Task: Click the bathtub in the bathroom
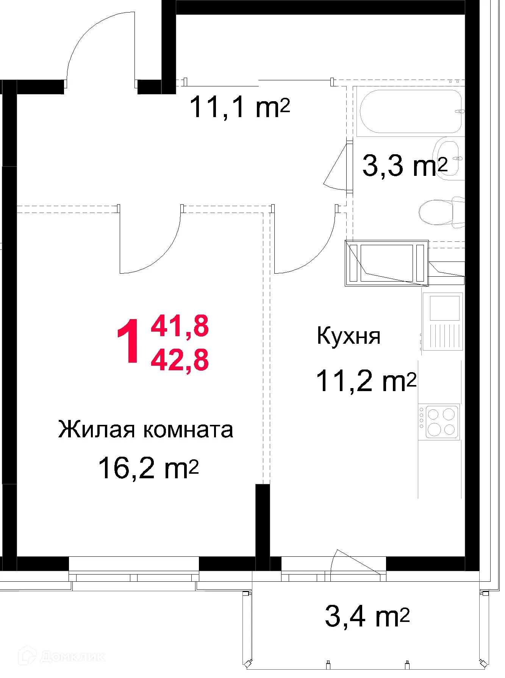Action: click(411, 111)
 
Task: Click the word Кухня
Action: click(349, 336)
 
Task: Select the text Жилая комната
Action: click(145, 429)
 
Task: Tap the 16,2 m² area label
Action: click(148, 468)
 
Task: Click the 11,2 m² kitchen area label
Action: click(366, 381)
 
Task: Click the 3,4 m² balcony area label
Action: click(367, 617)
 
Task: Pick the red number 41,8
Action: click(180, 326)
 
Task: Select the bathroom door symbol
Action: click(337, 167)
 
